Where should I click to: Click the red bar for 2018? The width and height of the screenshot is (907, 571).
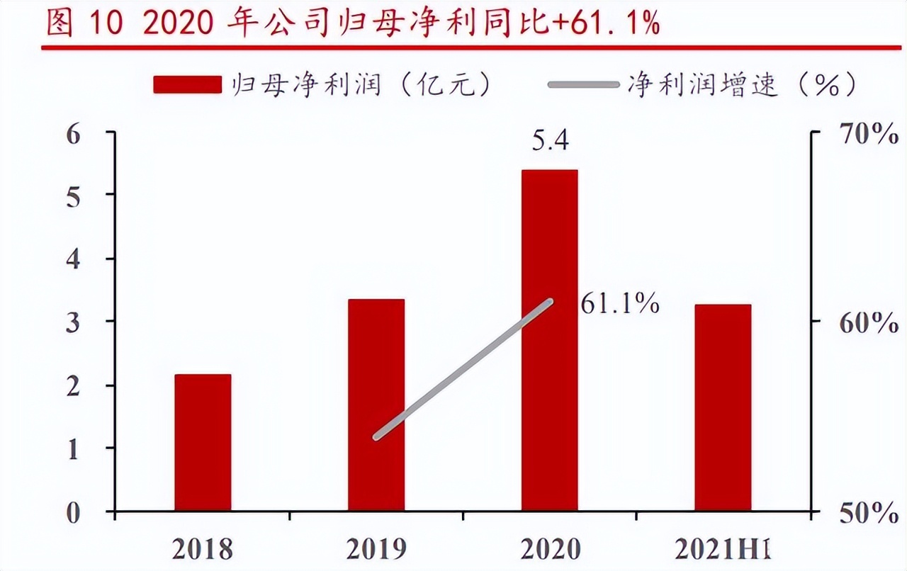[x=203, y=442]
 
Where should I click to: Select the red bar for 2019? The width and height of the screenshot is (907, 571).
[x=376, y=405]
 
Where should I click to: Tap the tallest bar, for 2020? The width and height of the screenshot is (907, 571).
[x=549, y=340]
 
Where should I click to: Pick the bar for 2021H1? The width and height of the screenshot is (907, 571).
[x=723, y=407]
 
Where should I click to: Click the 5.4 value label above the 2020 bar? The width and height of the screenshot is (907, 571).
[x=550, y=142]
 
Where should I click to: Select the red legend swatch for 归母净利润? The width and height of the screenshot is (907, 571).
[x=187, y=85]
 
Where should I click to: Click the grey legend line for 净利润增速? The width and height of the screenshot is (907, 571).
[x=583, y=85]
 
